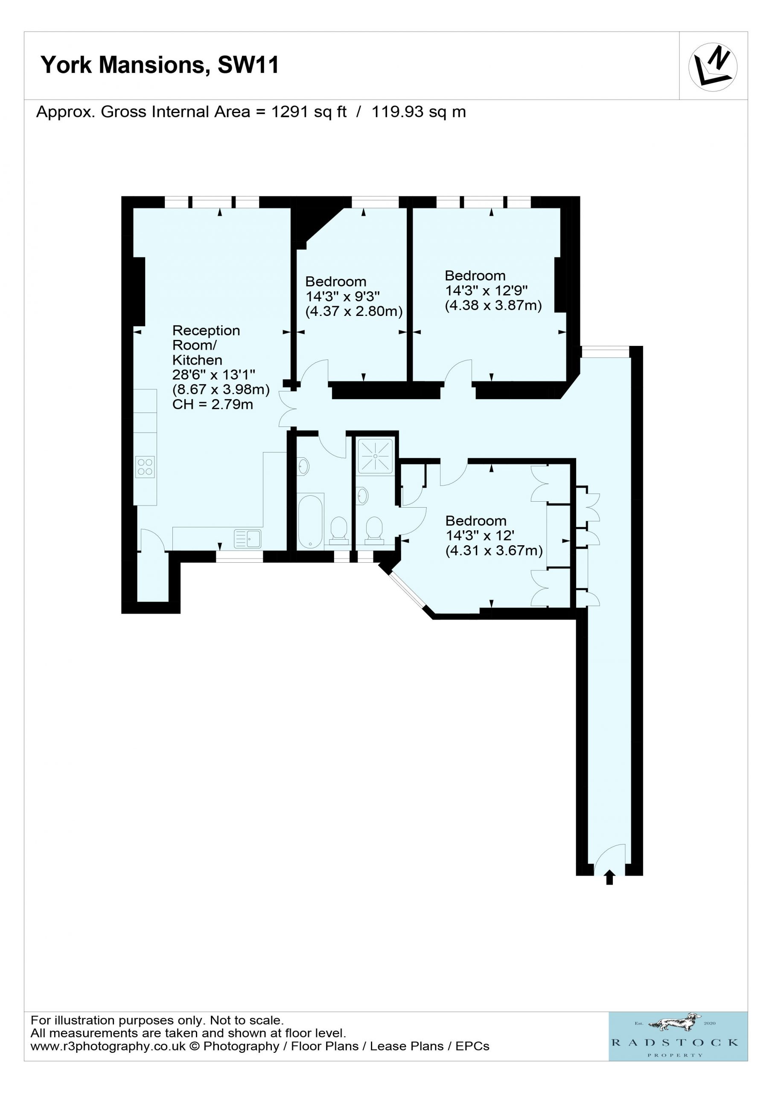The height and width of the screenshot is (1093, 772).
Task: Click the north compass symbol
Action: click(x=713, y=67)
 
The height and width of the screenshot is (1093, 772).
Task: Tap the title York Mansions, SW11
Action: click(x=160, y=65)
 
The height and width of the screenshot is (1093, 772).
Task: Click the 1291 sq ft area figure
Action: click(x=309, y=112)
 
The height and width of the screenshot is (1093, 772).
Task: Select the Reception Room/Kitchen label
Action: click(x=206, y=345)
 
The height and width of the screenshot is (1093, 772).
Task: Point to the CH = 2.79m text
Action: click(x=213, y=405)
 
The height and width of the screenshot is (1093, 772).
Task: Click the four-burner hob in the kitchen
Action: click(x=145, y=467)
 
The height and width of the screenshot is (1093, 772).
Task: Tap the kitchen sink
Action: click(x=248, y=539)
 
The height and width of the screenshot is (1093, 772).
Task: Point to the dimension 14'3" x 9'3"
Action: click(x=343, y=297)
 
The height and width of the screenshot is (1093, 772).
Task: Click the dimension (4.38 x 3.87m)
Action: click(x=494, y=305)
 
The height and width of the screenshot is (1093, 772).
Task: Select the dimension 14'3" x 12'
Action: click(x=479, y=535)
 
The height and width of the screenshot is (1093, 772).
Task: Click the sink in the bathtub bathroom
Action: click(x=303, y=467)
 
